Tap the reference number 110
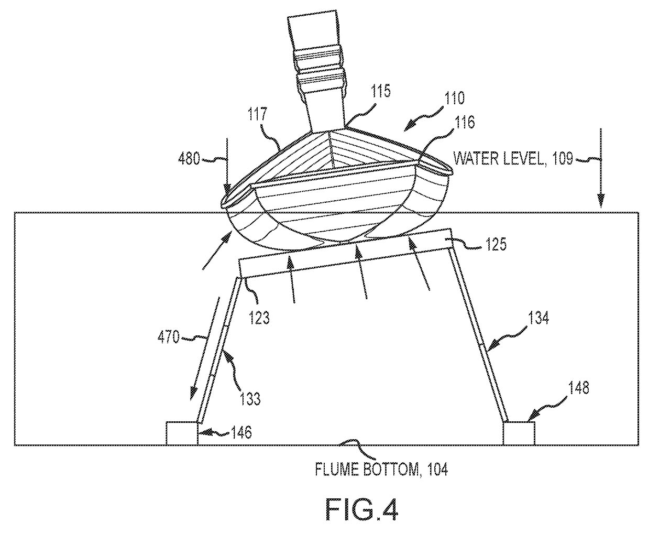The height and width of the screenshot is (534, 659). pos(454,97)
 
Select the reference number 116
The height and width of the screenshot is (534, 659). pos(464,122)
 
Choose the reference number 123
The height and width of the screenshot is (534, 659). pos(259,317)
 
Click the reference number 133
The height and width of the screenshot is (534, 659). pos(250,399)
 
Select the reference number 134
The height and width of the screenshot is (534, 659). pos(539,318)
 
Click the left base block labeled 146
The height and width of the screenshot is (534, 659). pos(182,433)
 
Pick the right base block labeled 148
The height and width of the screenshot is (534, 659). pos(519,433)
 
